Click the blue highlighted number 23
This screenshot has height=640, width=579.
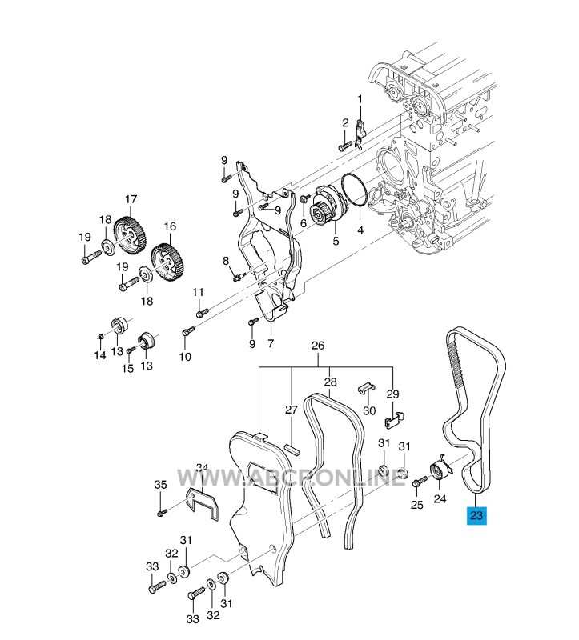pos(477,516)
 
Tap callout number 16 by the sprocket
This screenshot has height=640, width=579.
pos(170,226)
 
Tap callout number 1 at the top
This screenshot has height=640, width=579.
pos(360,99)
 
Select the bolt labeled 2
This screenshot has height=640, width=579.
pos(344,146)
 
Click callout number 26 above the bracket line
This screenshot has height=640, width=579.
pos(318,346)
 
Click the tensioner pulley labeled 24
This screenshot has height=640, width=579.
pos(440,471)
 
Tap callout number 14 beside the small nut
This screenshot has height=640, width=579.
pos(100,354)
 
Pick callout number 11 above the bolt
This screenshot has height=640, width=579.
pos(199,292)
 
